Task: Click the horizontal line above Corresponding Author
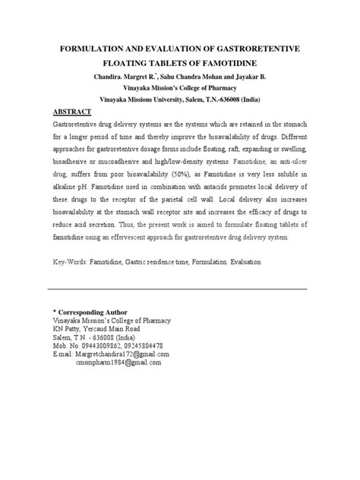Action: [177, 289]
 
